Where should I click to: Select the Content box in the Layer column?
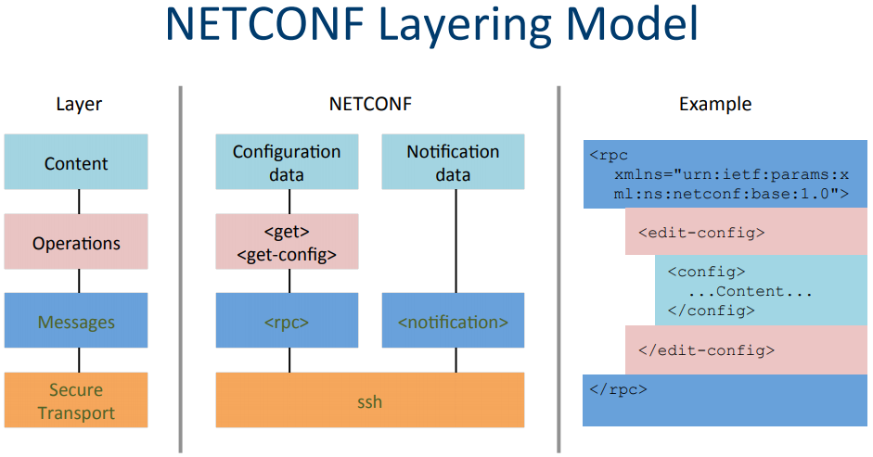pos(76,163)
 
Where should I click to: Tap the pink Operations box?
pos(76,243)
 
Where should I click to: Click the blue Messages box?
pos(76,322)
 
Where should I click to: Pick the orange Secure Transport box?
pos(76,400)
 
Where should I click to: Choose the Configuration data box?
pos(287,162)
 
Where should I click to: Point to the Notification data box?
pos(453,162)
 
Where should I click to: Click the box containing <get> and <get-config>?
pos(287,243)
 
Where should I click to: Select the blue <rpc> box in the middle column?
pos(287,322)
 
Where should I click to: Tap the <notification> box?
pos(453,322)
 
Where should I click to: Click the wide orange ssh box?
pos(370,400)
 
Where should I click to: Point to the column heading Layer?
pos(79,104)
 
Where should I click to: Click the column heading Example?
pos(715,104)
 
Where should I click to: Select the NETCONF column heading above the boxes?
pos(370,104)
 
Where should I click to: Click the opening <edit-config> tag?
pos(701,232)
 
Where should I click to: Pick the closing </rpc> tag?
pos(618,388)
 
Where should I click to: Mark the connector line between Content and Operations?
pos(78,202)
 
